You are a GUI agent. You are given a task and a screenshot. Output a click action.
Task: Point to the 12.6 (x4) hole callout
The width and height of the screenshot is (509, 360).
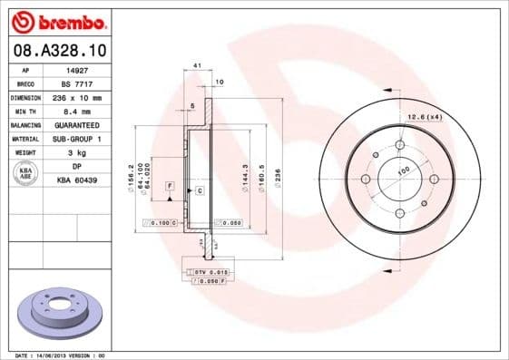click(x=423, y=116)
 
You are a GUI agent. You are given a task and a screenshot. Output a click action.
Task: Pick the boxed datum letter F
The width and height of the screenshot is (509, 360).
click(x=169, y=185)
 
